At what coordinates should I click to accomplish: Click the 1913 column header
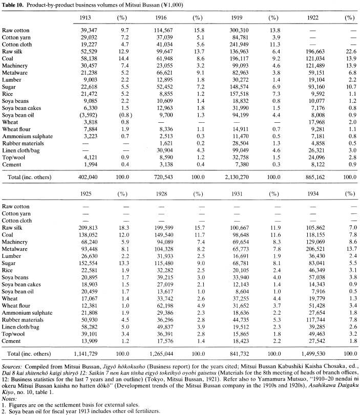pyautogui.click(x=85, y=18)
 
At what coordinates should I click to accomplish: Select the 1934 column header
pyautogui.click(x=313, y=194)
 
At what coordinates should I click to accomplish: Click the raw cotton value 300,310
pyautogui.click(x=239, y=30)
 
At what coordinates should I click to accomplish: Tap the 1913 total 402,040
pyautogui.click(x=88, y=177)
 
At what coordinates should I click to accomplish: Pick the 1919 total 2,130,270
pyautogui.click(x=237, y=177)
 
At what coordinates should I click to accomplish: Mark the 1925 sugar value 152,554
pyautogui.click(x=88, y=263)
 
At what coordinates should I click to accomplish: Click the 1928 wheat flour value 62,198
pyautogui.click(x=165, y=305)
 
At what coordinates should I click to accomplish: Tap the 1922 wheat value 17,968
pyautogui.click(x=316, y=122)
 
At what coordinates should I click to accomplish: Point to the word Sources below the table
pyautogui.click(x=12, y=366)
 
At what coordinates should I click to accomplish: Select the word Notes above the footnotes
pyautogui.click(x=9, y=399)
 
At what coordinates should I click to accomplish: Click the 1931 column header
pyautogui.click(x=237, y=194)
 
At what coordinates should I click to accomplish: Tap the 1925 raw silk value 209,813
pyautogui.click(x=88, y=228)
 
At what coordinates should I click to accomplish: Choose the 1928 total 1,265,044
pyautogui.click(x=161, y=354)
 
